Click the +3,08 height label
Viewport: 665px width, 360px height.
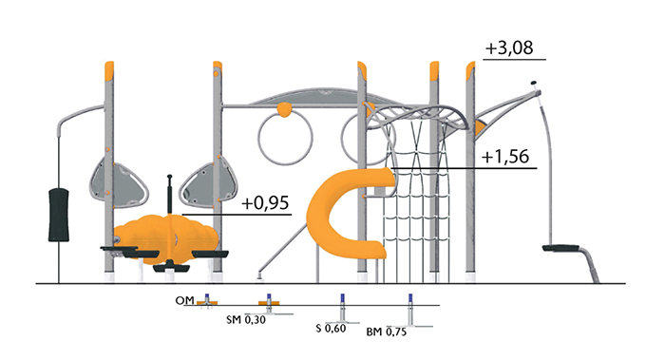[x=509, y=47]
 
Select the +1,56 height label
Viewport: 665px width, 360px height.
[x=505, y=157]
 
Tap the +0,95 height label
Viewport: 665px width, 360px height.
[x=265, y=203]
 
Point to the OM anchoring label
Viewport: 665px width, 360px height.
[x=184, y=301]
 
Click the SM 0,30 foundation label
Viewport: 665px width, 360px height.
[x=246, y=320]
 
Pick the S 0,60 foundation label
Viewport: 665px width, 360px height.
[x=331, y=329]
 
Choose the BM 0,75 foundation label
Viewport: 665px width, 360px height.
[x=387, y=332]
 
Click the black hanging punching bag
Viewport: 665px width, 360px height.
[x=59, y=215]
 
